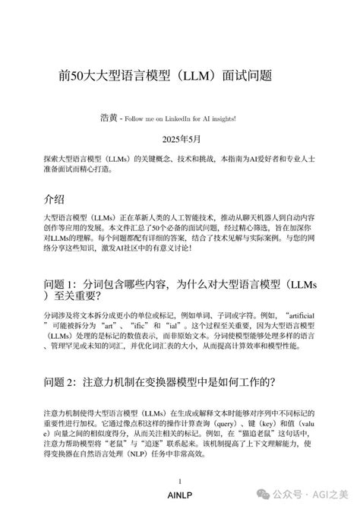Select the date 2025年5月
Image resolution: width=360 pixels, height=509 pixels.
click(179, 140)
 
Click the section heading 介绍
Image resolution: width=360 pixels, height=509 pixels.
click(55, 199)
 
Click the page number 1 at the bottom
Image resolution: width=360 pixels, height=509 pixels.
click(179, 482)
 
